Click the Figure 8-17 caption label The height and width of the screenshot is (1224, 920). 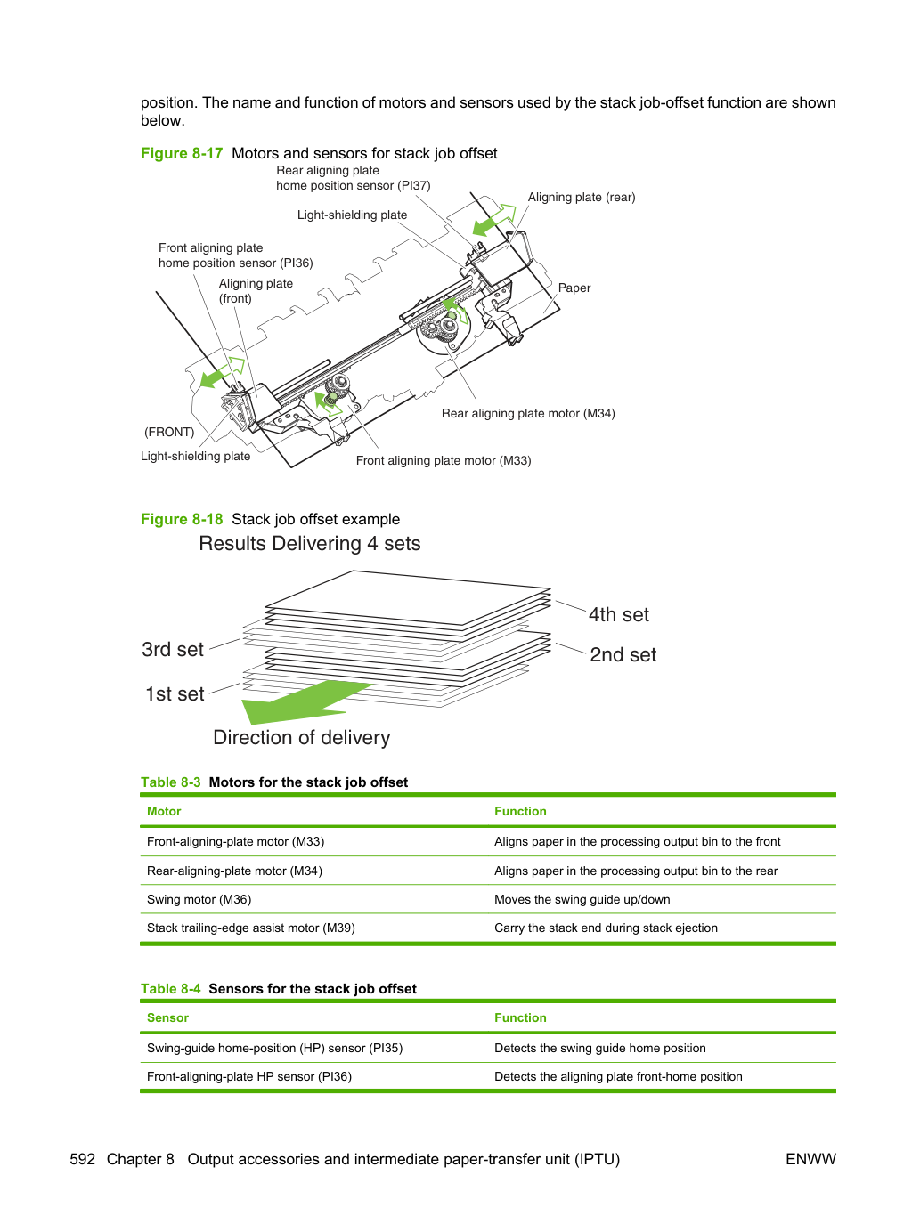pos(182,153)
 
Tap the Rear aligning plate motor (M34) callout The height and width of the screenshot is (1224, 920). pos(528,414)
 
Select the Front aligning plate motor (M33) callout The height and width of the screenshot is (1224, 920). pos(444,460)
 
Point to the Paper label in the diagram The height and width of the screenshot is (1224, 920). pos(574,288)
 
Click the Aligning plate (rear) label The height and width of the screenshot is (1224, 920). pos(582,198)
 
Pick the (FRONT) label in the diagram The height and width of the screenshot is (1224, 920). pos(169,432)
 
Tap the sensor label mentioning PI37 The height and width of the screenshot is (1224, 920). pos(354,178)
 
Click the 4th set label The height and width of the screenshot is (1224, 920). pos(619,614)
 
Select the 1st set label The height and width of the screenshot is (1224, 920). pos(175,693)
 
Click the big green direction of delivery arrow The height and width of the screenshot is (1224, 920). pos(304,701)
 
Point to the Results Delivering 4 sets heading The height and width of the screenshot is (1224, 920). pos(310,544)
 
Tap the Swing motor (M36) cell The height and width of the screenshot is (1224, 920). pos(199,899)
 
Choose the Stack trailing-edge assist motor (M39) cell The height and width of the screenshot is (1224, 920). pos(251,928)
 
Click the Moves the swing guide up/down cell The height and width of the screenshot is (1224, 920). pos(582,899)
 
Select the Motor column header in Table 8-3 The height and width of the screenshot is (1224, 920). pos(164,811)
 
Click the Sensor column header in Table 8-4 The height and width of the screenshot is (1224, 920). pos(168,1017)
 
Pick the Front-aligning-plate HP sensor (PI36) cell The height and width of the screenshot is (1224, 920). pos(249,1077)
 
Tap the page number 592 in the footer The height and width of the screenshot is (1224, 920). pos(83,1159)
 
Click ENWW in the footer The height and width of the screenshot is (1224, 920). pos(810,1159)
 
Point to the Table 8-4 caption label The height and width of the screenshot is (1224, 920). pos(170,989)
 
